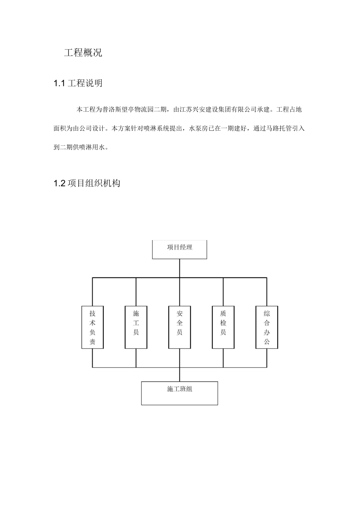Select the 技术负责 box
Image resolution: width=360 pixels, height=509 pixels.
click(x=92, y=327)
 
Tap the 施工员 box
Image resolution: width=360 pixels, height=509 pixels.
click(x=136, y=327)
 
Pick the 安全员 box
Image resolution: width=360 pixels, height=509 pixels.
click(x=180, y=327)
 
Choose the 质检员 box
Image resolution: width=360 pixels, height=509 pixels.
click(x=223, y=327)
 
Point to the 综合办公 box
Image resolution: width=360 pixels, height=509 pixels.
click(x=267, y=327)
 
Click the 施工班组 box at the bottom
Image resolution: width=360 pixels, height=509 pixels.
click(x=179, y=393)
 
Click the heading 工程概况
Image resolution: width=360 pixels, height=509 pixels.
click(x=83, y=53)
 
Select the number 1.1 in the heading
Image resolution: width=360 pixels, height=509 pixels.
click(x=59, y=83)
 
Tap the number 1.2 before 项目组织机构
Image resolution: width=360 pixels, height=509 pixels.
click(x=60, y=184)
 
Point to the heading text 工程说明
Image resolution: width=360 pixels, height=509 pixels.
click(x=85, y=83)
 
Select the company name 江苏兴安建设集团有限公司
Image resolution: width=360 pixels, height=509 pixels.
click(x=218, y=110)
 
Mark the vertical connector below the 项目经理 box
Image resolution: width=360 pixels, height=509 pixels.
click(x=180, y=268)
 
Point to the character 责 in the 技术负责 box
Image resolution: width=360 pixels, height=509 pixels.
click(x=92, y=342)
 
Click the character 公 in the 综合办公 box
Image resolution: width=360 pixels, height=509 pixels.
click(x=267, y=342)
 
